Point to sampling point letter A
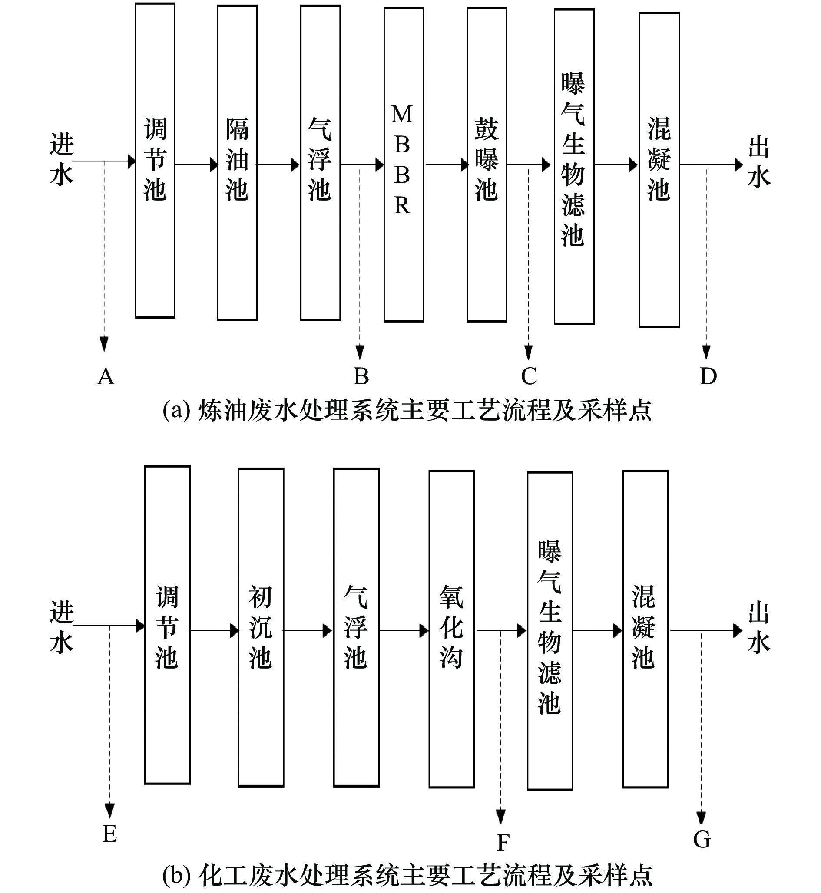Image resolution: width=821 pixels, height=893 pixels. tap(106, 377)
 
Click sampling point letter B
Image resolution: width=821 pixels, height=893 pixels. tap(361, 376)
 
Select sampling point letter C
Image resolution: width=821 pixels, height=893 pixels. tap(529, 376)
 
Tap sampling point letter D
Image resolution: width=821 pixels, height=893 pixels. tap(708, 376)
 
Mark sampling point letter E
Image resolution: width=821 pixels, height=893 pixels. tap(109, 834)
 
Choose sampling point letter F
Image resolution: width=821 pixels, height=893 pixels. tap(503, 842)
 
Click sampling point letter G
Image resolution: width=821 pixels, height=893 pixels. tap(702, 839)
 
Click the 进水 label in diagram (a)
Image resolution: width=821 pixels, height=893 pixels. tap(62, 158)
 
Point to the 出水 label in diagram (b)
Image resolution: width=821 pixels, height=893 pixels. tap(759, 627)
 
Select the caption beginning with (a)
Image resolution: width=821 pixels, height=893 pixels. tap(407, 410)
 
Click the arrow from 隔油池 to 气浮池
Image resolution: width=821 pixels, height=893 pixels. tap(278, 165)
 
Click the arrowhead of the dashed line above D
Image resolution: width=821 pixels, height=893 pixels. tap(706, 352)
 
